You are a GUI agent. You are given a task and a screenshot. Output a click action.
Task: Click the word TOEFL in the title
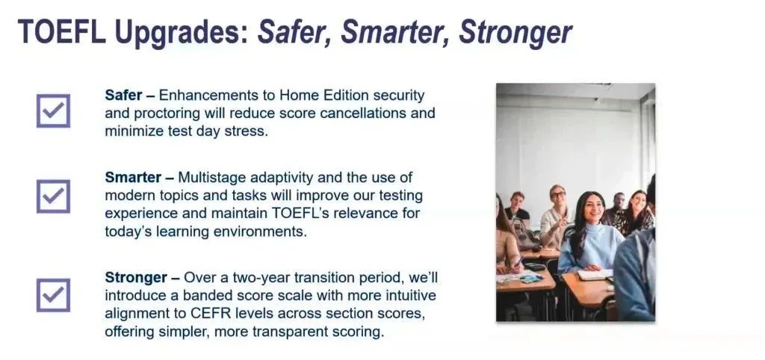pos(61,32)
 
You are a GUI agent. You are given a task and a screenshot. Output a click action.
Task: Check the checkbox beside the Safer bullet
pos(53,111)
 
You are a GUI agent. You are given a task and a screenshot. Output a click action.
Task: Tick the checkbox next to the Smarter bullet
pos(53,196)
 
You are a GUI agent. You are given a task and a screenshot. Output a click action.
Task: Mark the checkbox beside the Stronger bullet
pos(53,295)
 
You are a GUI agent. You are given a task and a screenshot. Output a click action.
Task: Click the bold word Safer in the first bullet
pos(123,95)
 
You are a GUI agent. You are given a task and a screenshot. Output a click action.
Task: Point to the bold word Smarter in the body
pos(133,178)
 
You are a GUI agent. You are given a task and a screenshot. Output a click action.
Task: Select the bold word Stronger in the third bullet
pos(136,278)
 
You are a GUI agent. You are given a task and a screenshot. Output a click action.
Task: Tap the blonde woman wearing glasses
pos(556,214)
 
